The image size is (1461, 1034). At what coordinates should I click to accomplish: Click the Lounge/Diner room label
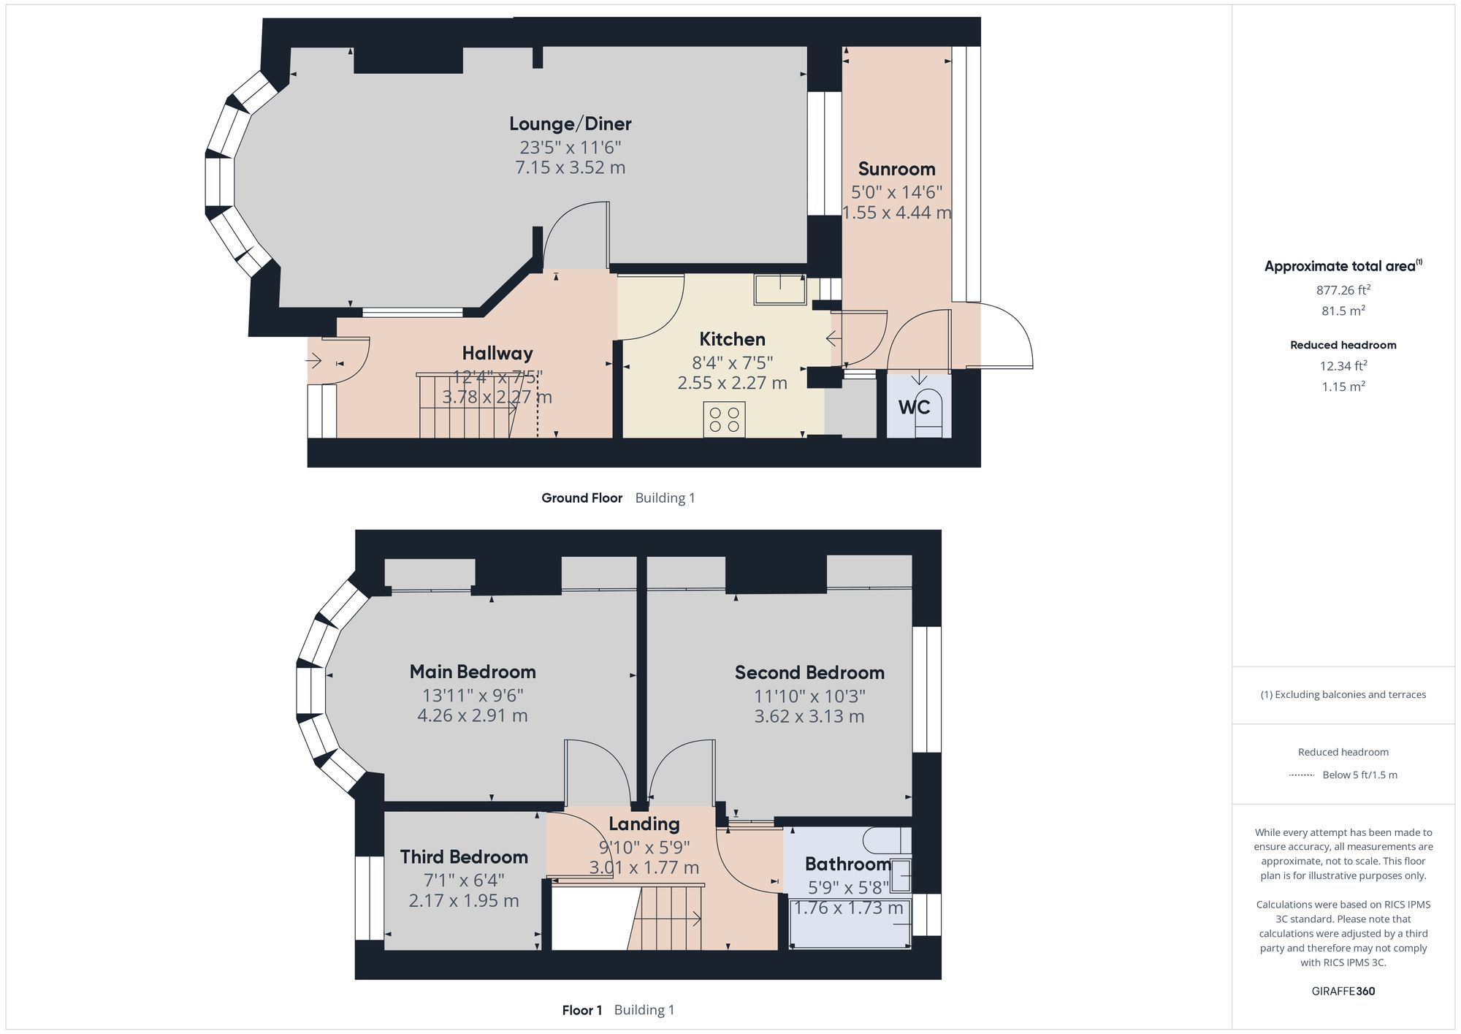tap(570, 123)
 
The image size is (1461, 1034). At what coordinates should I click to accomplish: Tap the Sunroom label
tap(896, 169)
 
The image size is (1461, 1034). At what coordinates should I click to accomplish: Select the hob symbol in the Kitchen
tap(724, 419)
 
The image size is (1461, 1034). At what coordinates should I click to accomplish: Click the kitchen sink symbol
tap(780, 289)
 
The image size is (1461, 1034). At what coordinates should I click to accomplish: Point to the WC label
tap(914, 407)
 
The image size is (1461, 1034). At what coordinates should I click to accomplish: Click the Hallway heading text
tap(497, 354)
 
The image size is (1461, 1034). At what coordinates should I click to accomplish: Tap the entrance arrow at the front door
tap(314, 360)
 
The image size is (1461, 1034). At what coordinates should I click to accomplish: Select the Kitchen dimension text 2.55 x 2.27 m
tap(732, 383)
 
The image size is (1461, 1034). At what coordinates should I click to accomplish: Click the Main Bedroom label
tap(473, 672)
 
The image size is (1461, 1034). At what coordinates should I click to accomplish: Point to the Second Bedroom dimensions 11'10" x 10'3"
tap(809, 696)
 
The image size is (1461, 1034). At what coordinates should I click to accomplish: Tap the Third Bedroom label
tap(464, 856)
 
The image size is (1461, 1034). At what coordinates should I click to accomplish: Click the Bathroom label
tap(847, 864)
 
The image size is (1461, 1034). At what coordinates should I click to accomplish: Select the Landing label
tap(644, 824)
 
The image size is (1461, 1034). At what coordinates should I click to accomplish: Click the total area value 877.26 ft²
tap(1343, 290)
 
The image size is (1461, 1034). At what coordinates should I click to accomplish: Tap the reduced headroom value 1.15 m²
tap(1343, 387)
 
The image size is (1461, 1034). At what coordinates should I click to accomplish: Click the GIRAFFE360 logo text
tap(1343, 991)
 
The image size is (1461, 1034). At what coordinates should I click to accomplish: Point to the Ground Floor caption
tap(581, 498)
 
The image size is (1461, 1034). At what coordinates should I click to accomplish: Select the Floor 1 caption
tap(582, 1010)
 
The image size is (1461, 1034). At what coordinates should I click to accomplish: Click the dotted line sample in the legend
tap(1302, 775)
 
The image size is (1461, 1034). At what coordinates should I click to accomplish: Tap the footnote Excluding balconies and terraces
tap(1343, 694)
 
